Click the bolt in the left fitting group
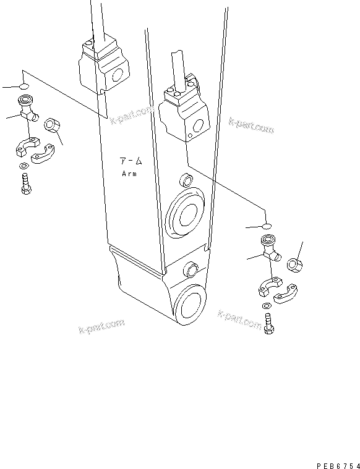click(25, 184)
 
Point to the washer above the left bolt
click(23, 166)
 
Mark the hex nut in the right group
click(295, 265)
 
